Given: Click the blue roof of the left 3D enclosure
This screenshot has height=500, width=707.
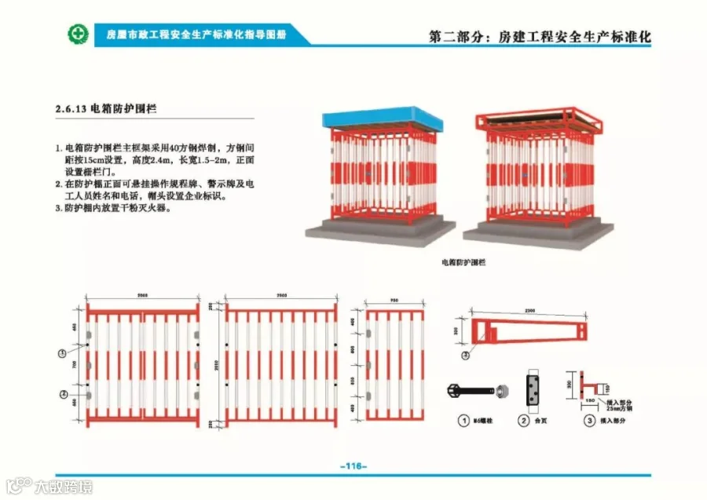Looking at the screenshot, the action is (383, 121).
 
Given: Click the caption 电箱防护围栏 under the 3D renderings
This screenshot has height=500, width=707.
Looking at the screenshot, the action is (463, 261).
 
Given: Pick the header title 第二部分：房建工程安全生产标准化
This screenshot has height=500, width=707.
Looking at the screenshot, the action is (540, 37).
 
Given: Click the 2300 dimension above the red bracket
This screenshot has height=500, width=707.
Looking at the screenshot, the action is (529, 311).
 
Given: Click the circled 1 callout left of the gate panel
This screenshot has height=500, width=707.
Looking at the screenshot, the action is (62, 354).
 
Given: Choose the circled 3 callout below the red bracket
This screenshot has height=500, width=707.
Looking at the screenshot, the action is (466, 355).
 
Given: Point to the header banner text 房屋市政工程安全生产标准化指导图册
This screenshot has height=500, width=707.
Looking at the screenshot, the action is (196, 35).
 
